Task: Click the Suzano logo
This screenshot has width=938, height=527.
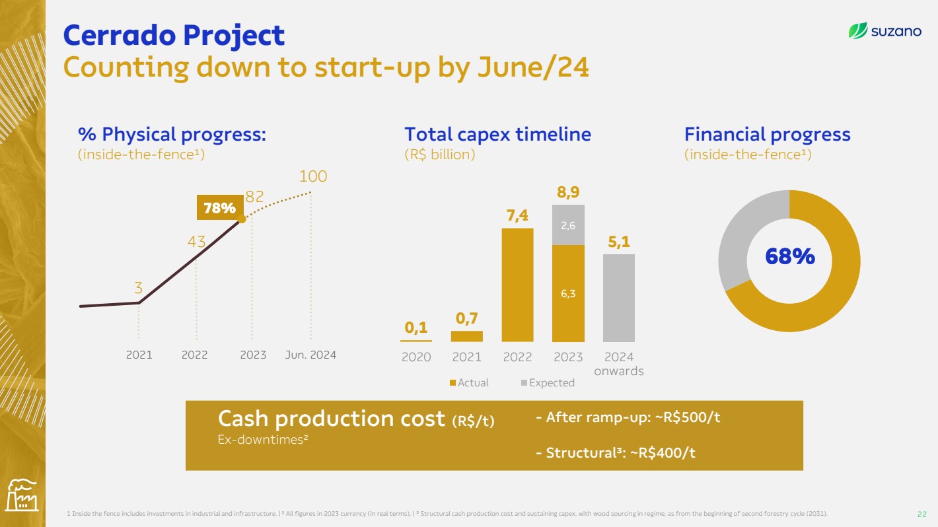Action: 884,31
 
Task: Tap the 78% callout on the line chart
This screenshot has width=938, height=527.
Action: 220,207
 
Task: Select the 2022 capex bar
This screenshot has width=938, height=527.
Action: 518,285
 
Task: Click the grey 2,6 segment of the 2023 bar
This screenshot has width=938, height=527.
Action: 568,225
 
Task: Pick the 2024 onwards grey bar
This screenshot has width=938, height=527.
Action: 619,298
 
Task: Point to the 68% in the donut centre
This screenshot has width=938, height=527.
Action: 790,256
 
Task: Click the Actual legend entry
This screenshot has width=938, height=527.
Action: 469,382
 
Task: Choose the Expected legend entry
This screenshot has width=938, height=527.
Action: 548,382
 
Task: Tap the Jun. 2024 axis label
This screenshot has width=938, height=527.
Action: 310,355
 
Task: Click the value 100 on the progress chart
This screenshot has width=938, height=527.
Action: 313,176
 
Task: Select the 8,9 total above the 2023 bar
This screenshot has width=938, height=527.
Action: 568,192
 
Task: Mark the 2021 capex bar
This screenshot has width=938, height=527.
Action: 467,336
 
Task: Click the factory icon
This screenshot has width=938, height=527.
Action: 22,495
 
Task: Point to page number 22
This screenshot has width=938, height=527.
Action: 921,514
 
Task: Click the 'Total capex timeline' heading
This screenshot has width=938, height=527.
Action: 497,134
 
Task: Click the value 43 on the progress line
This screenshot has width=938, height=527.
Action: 196,242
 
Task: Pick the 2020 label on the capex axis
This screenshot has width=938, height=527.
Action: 416,357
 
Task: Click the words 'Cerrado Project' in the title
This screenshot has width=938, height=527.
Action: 174,35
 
